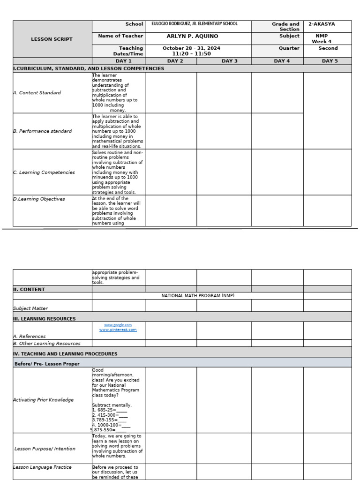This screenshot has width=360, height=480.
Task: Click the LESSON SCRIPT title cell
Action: coord(52,39)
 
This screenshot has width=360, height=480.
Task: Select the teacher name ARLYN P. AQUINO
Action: coord(192,36)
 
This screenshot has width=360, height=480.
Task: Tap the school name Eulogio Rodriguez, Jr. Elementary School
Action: coord(194,23)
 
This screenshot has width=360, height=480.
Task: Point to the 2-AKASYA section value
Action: coord(322,24)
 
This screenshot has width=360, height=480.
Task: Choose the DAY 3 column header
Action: coord(230,61)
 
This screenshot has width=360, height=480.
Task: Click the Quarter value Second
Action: coord(328,48)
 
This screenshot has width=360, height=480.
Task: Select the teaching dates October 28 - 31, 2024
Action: coord(191,48)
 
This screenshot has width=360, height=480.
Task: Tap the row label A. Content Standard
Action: coord(37,93)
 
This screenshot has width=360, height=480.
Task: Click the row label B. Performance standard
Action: coord(42,131)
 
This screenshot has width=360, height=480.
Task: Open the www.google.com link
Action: coord(118,325)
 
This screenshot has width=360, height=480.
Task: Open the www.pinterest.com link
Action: coord(118,330)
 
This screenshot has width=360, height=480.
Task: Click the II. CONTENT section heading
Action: coord(29,289)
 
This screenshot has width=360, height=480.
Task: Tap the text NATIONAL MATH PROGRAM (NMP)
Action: coord(197,296)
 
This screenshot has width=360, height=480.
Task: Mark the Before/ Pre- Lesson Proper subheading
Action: coord(47,364)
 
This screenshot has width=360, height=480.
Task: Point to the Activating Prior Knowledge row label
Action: coord(43,400)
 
